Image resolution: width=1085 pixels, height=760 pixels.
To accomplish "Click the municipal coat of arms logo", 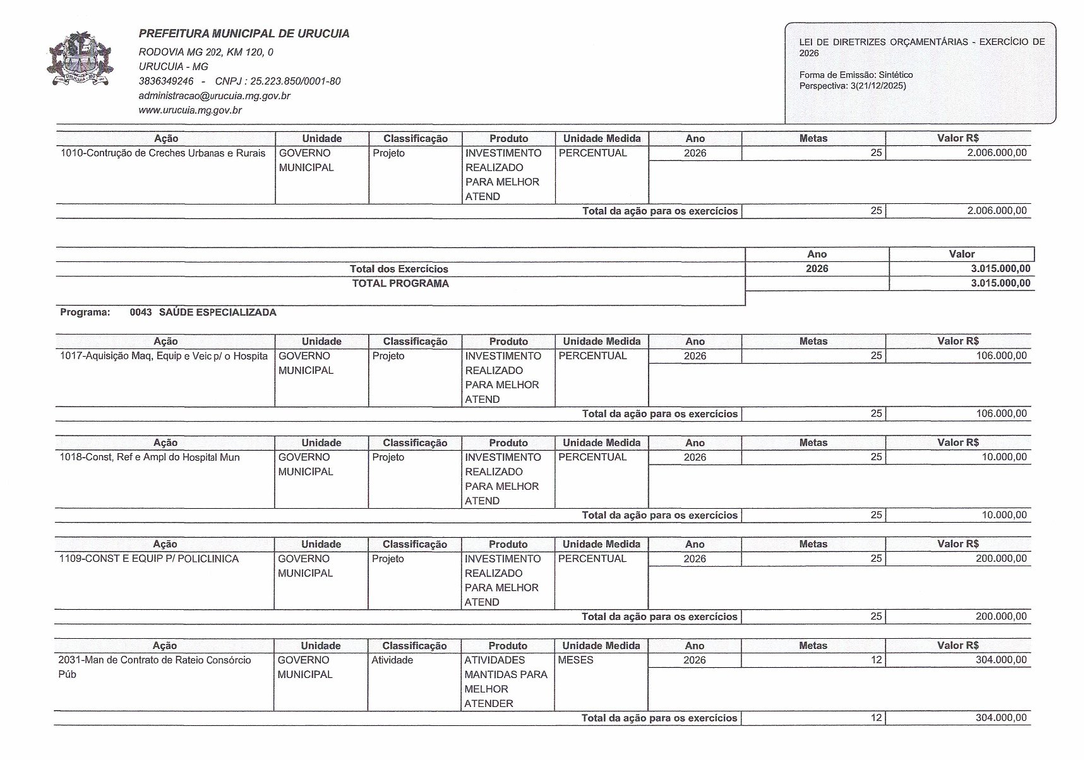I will (80, 59).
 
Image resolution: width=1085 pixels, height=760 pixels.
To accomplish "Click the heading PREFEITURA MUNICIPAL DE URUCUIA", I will (244, 34).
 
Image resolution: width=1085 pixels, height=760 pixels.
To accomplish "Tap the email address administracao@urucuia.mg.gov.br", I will (214, 96).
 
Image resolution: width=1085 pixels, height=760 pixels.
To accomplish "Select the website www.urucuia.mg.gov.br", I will (190, 110).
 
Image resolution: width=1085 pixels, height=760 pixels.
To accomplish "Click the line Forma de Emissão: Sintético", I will (856, 75).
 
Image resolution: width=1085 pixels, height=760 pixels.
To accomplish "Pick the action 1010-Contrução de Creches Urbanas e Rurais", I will (163, 153).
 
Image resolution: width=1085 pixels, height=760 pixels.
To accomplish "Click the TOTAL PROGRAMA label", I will (400, 283).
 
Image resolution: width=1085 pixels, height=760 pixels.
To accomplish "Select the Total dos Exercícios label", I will (399, 269).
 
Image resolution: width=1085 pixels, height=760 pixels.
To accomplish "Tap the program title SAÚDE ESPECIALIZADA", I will (217, 312).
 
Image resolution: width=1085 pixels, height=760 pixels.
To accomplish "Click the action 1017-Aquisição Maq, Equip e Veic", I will (164, 356).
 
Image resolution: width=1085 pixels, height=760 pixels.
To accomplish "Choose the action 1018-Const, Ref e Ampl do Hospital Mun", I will (150, 458).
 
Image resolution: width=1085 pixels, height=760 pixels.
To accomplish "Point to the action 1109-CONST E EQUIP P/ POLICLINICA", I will (149, 559).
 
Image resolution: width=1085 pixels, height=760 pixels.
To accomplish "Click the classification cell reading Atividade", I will (392, 660).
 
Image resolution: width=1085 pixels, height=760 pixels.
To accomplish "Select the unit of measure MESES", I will (576, 660).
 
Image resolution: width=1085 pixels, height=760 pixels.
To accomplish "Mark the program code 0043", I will (141, 312).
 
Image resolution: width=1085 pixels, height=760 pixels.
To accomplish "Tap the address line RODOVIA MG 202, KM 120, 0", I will (206, 52).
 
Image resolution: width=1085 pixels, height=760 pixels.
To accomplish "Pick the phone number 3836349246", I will (166, 81).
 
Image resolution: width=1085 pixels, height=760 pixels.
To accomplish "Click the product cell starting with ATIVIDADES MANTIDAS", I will (506, 682).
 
